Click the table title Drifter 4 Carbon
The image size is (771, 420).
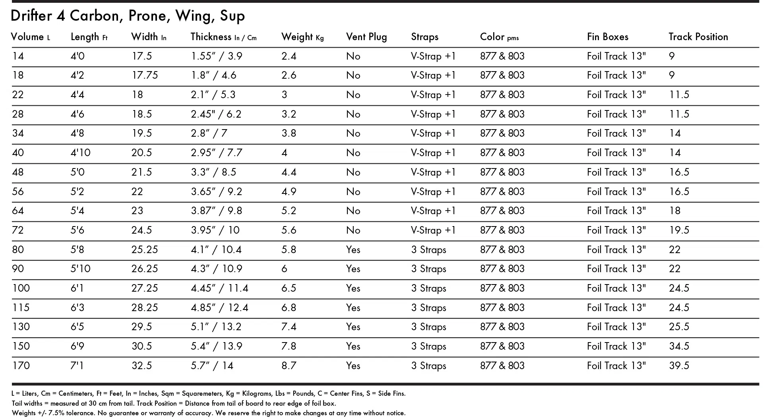click(x=127, y=16)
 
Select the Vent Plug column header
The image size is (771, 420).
click(x=366, y=37)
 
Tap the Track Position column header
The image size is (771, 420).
click(x=698, y=37)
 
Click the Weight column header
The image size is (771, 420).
click(x=302, y=37)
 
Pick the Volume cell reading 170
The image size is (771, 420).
click(x=21, y=366)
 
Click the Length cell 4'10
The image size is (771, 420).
click(x=80, y=153)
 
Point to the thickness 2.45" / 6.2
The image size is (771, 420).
click(x=216, y=114)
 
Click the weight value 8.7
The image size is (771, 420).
click(x=289, y=366)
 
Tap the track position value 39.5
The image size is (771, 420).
click(x=679, y=366)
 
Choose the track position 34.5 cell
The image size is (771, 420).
click(x=679, y=346)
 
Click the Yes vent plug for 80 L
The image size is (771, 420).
click(x=353, y=250)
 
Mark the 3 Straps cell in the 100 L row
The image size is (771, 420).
click(x=428, y=288)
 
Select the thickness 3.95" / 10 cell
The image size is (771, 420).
click(x=215, y=230)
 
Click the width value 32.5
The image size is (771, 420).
click(x=141, y=366)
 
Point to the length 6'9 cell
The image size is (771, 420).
click(x=77, y=346)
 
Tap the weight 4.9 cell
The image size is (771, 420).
click(x=289, y=192)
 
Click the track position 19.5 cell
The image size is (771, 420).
click(x=679, y=230)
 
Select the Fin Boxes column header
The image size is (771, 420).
click(x=607, y=37)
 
